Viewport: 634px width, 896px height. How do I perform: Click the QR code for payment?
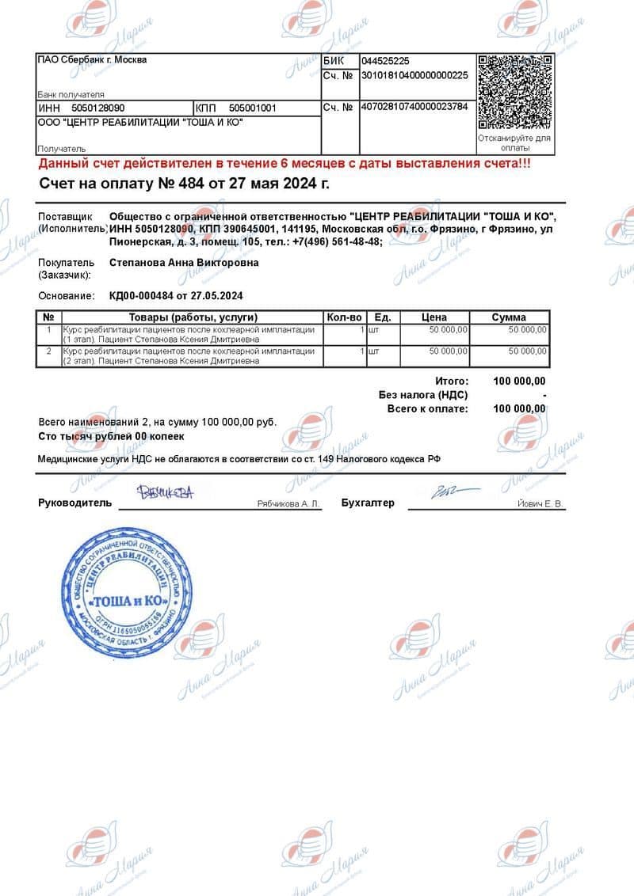coord(515,92)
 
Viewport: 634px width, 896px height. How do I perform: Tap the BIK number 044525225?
coord(385,61)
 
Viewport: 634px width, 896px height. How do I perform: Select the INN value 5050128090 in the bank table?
coord(97,108)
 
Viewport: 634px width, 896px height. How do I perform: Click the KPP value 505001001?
coord(252,108)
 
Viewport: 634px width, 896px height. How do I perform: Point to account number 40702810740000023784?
coord(414,107)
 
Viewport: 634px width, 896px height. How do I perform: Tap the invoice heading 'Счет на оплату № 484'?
coord(185,184)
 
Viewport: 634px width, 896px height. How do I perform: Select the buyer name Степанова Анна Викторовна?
coord(183,263)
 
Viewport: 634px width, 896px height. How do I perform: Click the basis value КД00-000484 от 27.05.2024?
coord(175,296)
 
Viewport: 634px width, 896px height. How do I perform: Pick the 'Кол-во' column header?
coord(344,317)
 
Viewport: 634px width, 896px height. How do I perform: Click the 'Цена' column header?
coord(434,317)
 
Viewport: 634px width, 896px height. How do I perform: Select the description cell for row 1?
coord(189,334)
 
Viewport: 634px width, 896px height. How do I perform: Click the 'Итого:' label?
coord(452,382)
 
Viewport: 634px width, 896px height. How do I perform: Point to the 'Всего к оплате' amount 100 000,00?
coord(519,408)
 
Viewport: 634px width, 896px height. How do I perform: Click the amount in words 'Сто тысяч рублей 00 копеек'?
coord(111,436)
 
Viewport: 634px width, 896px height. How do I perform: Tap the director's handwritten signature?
coord(165,494)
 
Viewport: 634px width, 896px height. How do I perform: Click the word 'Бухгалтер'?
coord(367,503)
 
